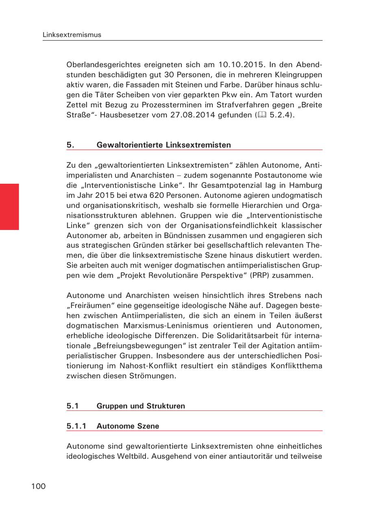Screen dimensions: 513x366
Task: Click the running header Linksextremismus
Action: click(x=72, y=35)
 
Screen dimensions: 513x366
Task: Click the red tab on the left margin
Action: click(x=9, y=207)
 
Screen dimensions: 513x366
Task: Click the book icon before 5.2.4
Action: click(x=262, y=115)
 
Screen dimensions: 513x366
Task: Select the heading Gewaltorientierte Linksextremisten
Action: click(x=163, y=145)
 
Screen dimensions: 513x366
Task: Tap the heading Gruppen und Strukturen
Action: click(x=141, y=406)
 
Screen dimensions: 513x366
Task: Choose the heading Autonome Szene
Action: click(x=128, y=426)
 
